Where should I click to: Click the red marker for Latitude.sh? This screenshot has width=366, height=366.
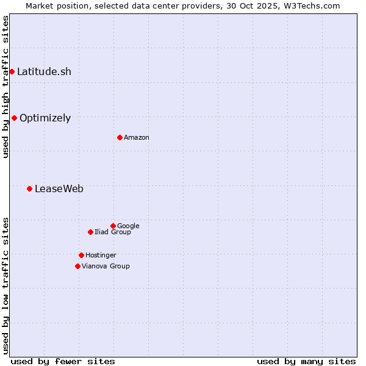[x=12, y=72]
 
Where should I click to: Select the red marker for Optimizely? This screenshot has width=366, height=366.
[x=14, y=118]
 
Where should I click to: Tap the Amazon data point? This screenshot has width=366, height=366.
[x=120, y=137]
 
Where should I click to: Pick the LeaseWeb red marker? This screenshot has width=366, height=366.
[x=29, y=188]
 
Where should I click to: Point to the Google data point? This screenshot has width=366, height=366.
[x=113, y=226]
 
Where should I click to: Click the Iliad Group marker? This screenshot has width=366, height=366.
[x=90, y=232]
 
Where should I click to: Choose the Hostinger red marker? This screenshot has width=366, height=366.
[x=81, y=255]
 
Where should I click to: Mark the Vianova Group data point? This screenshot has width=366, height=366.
[x=77, y=266]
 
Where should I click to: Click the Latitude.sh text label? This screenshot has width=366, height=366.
[x=44, y=72]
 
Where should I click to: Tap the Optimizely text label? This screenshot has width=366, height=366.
[x=45, y=118]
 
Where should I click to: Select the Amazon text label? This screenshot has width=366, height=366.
[x=137, y=138]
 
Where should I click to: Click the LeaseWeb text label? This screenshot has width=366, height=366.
[x=59, y=189]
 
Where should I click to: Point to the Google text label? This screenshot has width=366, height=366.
[x=128, y=226]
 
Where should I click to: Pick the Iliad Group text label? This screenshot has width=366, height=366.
[x=113, y=232]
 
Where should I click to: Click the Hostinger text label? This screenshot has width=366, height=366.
[x=101, y=256]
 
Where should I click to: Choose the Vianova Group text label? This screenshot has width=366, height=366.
[x=106, y=267]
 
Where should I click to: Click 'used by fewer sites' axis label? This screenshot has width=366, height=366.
[x=63, y=361]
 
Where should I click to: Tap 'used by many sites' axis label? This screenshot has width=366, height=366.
[x=306, y=361]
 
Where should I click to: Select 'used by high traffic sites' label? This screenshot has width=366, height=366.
[x=5, y=87]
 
